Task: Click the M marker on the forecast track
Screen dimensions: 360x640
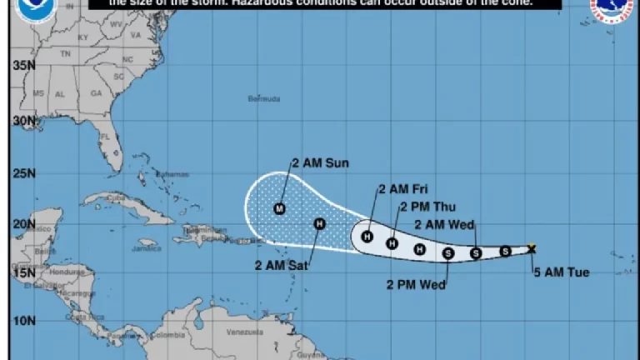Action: pos(279,208)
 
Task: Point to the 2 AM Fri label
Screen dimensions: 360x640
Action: pos(402,190)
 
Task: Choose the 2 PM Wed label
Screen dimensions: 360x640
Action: pos(417,284)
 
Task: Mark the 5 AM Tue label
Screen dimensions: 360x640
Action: pos(556,268)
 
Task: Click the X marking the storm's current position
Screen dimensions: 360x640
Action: pos(532,247)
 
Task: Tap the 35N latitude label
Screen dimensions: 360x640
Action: pos(23,65)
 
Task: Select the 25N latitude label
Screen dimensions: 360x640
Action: pos(23,173)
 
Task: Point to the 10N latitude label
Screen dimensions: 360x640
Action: pos(23,320)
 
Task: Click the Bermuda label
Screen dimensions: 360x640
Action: pos(264,98)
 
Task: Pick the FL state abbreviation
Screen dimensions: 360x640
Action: pos(106,136)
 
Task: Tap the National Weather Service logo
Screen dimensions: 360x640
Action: pos(612,11)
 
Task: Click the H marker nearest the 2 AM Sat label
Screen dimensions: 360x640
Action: pos(318,223)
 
